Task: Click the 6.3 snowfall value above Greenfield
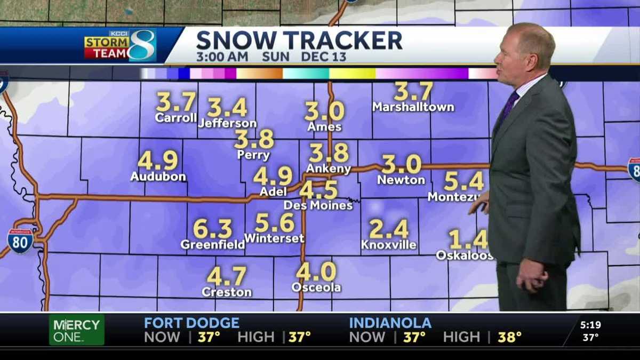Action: coord(212,229)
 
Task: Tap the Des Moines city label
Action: coord(318,205)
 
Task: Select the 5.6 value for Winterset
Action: coord(275,222)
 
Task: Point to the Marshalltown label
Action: coord(413,107)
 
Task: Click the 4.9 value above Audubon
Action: coord(158,161)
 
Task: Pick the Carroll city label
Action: coord(176,118)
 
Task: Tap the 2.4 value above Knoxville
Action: coord(389,229)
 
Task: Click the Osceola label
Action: coord(316,287)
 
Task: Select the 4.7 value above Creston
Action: coord(227,276)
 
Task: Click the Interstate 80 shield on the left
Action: coord(20,241)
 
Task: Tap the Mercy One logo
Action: coord(77,330)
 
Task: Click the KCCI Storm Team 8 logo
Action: coord(120,46)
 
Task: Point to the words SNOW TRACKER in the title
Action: coord(299,41)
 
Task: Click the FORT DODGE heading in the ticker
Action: coord(191,323)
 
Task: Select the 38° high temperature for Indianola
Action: coord(509,337)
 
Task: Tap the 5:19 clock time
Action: coord(590,324)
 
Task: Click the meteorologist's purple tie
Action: coord(508,107)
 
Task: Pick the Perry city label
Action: coord(254,156)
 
